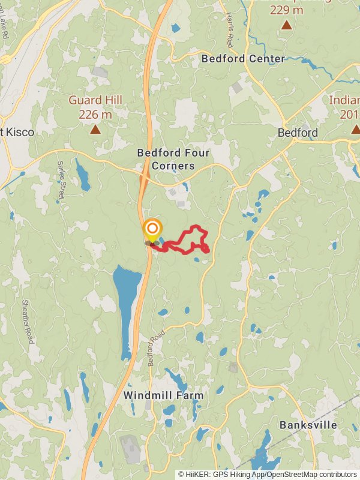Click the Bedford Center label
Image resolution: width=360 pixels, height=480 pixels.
coord(243,59)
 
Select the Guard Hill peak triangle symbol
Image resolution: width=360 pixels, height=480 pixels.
coord(95,129)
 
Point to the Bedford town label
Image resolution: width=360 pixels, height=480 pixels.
coord(298,133)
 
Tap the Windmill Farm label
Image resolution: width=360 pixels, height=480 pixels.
coord(163,395)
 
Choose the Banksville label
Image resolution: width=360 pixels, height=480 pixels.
coord(308,425)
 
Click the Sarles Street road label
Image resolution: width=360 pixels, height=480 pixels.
coord(61,179)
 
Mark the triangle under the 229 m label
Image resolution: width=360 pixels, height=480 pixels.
coord(287,25)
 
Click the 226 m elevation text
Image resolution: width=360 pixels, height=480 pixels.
coord(95,114)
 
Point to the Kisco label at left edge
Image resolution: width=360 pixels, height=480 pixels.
coord(18,132)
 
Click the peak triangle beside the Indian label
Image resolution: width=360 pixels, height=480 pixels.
coord(355,129)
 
